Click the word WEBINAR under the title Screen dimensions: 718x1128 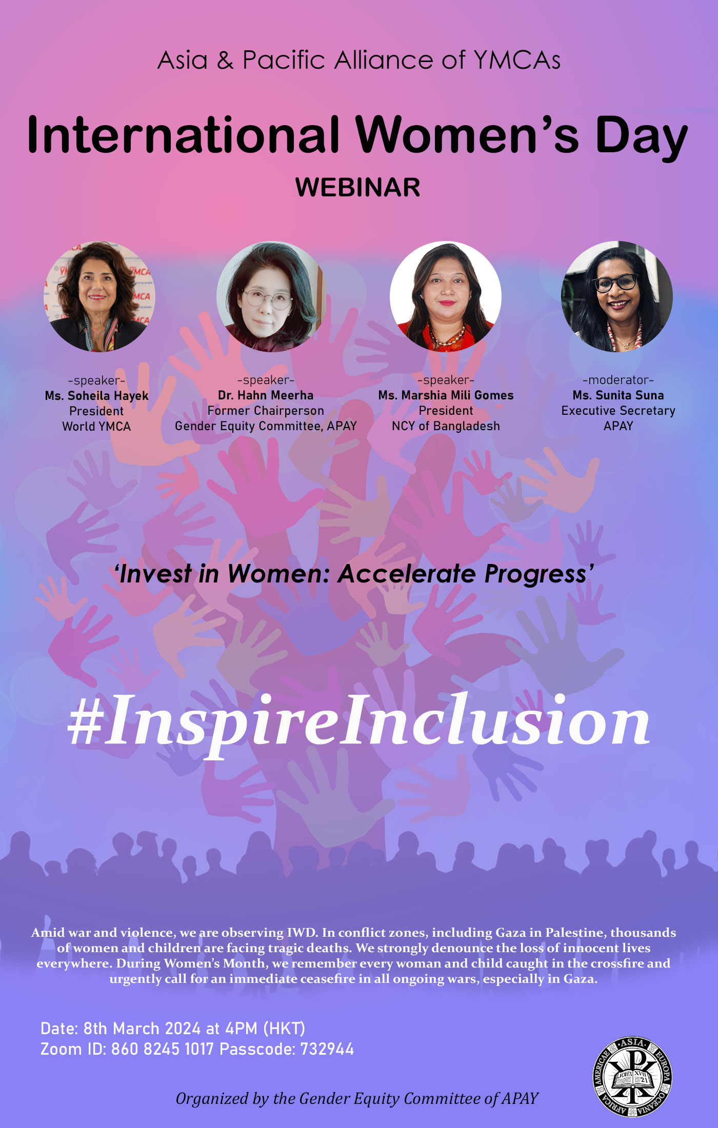click(357, 187)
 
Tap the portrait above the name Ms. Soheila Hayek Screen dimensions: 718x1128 click(99, 296)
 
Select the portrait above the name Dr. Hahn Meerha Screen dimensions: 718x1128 click(271, 296)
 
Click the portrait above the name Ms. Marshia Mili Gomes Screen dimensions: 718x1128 click(445, 296)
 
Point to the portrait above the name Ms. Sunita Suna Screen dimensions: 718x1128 click(617, 296)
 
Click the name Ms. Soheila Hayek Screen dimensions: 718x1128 click(96, 396)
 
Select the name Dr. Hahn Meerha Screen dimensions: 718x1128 click(266, 395)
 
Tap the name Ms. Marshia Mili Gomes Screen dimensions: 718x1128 click(446, 395)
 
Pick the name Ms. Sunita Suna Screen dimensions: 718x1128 click(618, 395)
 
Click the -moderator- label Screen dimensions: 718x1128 click(618, 380)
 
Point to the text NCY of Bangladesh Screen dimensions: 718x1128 click(446, 426)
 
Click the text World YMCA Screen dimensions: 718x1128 click(96, 427)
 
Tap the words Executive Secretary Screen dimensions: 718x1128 click(618, 411)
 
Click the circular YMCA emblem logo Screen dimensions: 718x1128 click(632, 1076)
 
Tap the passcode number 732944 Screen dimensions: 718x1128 click(327, 1049)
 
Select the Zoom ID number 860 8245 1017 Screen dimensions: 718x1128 click(162, 1049)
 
